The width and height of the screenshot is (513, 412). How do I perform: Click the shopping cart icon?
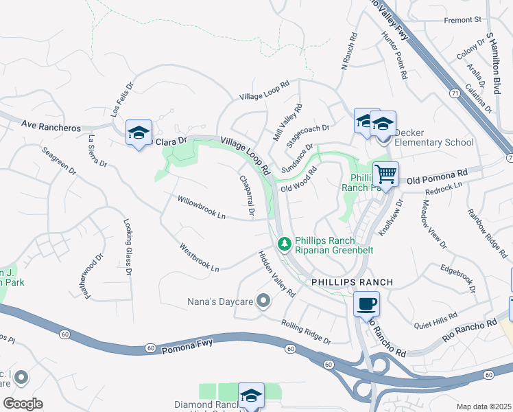[385, 175]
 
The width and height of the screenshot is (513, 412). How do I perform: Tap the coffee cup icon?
[366, 304]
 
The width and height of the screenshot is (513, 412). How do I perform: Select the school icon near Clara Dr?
[139, 133]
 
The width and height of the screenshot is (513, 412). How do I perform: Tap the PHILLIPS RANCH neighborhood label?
[352, 282]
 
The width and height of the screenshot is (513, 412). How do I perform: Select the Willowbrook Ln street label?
[202, 208]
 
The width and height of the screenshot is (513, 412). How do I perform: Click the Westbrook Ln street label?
[199, 257]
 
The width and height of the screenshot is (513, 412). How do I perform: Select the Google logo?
[23, 403]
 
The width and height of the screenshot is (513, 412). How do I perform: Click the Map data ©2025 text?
[484, 407]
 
